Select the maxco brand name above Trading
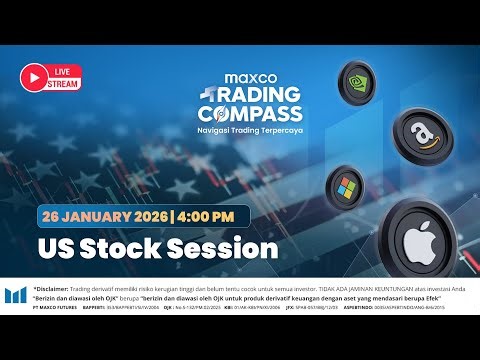(248, 75)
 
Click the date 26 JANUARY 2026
(104, 214)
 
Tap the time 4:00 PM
(207, 214)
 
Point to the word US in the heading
(59, 247)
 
